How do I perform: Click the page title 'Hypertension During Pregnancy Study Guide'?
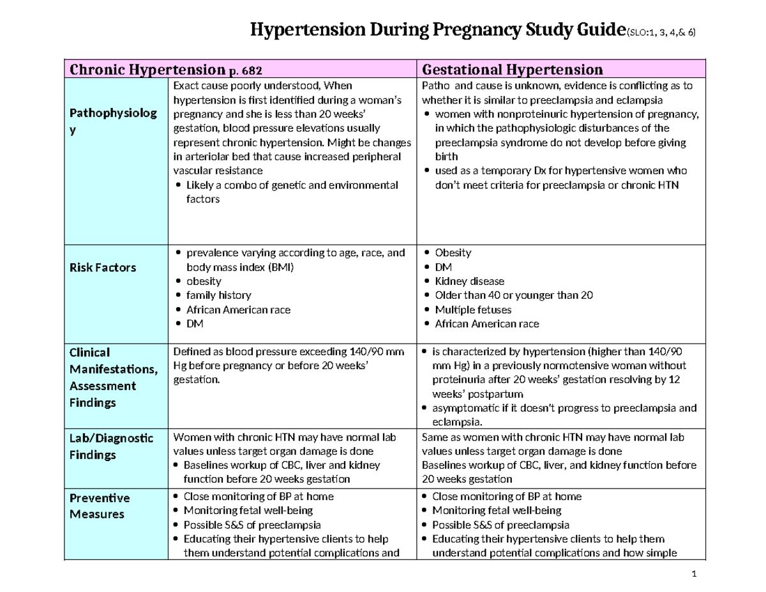pyautogui.click(x=435, y=30)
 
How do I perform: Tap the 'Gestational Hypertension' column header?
pyautogui.click(x=513, y=69)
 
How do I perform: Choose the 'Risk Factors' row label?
pyautogui.click(x=102, y=268)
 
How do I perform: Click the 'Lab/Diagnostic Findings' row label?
pyautogui.click(x=110, y=446)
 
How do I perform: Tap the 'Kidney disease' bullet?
pyautogui.click(x=469, y=282)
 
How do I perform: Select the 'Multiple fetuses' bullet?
pyautogui.click(x=473, y=310)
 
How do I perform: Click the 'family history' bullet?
pyautogui.click(x=218, y=296)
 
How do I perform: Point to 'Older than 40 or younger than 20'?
pyautogui.click(x=514, y=296)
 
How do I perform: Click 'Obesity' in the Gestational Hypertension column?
pyautogui.click(x=453, y=254)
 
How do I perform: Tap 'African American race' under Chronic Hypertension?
pyautogui.click(x=237, y=310)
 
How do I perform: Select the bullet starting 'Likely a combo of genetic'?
pyautogui.click(x=292, y=185)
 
